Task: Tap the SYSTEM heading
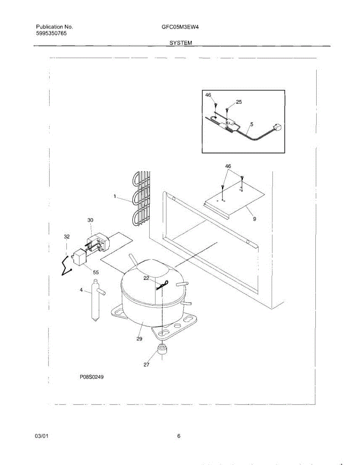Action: click(181, 43)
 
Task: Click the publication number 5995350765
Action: click(51, 34)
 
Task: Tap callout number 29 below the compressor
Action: click(139, 339)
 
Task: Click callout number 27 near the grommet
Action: click(146, 364)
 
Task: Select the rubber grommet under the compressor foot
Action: click(162, 348)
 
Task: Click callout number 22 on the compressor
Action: click(146, 278)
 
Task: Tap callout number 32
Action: click(67, 236)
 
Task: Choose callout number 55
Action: click(96, 272)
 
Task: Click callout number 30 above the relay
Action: click(90, 220)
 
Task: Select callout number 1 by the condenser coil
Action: click(115, 196)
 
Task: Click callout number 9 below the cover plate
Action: click(255, 219)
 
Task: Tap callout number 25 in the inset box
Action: click(239, 102)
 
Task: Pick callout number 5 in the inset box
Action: click(251, 124)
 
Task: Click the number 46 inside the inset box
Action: click(208, 95)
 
